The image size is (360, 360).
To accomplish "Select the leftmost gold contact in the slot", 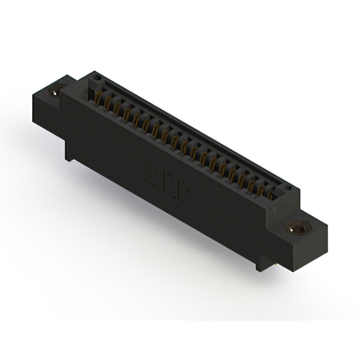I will (x=102, y=96).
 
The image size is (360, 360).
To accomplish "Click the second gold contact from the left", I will (x=111, y=102).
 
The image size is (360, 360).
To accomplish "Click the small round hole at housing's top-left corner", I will (x=96, y=77).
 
